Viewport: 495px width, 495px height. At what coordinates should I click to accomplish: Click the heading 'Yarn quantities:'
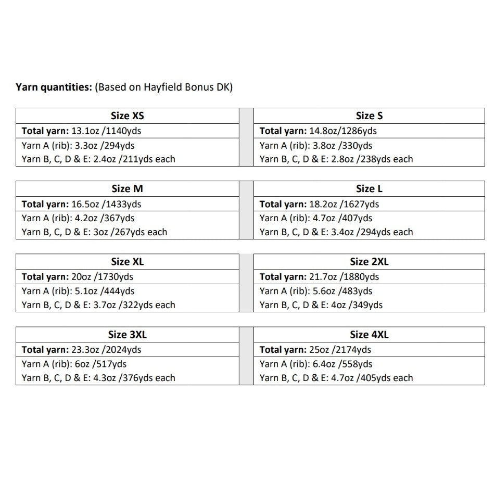click(54, 87)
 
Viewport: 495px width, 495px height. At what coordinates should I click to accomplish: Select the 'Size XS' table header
click(128, 116)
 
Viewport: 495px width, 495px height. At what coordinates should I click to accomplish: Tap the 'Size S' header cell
click(369, 116)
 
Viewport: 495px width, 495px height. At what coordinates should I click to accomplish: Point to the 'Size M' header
click(128, 188)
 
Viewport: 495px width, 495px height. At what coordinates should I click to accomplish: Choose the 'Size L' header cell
click(369, 188)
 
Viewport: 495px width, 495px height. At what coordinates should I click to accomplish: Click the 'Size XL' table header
click(128, 261)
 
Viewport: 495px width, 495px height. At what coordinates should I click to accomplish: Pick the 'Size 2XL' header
click(369, 261)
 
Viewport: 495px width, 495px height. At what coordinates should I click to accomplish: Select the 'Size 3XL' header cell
click(128, 334)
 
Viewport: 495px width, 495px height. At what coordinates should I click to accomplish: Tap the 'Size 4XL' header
click(369, 334)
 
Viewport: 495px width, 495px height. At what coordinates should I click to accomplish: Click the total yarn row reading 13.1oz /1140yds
click(81, 131)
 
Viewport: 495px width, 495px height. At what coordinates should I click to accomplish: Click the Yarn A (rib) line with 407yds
click(316, 218)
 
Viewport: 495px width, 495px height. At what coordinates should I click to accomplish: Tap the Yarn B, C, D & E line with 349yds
click(321, 305)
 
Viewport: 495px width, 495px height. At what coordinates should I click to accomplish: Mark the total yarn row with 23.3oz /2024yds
click(81, 349)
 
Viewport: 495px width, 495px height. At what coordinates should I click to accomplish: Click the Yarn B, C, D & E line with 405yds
click(336, 378)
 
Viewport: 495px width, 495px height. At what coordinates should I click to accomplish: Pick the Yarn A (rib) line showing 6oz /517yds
click(74, 364)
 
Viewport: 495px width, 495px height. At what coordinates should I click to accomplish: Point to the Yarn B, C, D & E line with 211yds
click(98, 159)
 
